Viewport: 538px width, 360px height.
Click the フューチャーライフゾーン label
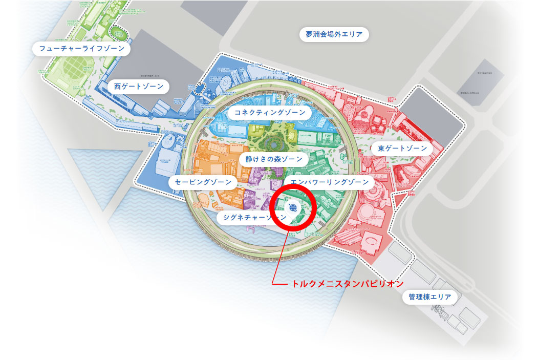point(82,49)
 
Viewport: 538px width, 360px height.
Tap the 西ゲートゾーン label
point(139,87)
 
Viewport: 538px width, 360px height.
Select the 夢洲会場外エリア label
point(334,35)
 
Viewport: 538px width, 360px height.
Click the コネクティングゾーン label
point(269,112)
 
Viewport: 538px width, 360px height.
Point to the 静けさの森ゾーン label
point(274,159)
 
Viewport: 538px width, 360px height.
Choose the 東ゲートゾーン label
point(402,149)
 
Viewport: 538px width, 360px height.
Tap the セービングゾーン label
point(203,182)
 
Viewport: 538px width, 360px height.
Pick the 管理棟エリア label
point(429,297)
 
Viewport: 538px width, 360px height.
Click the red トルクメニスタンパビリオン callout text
point(348,283)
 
